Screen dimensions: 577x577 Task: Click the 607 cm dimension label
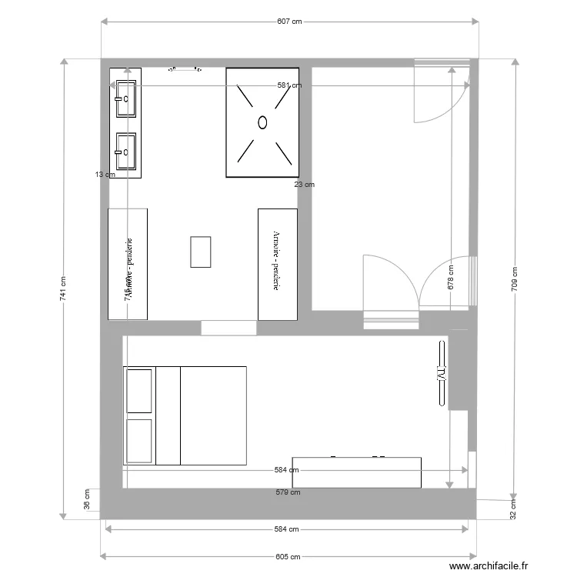click(288, 22)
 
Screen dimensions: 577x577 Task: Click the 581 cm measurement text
click(289, 86)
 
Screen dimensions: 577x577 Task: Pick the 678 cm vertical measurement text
click(450, 278)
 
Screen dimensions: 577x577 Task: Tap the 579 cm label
click(288, 492)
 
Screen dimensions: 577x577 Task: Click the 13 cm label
click(105, 175)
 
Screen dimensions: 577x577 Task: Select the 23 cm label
click(304, 185)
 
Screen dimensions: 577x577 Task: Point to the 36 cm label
click(87, 501)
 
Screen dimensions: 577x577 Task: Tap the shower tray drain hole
click(262, 122)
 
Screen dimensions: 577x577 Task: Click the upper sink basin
click(126, 98)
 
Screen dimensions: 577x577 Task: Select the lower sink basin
click(126, 152)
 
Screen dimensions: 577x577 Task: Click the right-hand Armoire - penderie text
click(275, 262)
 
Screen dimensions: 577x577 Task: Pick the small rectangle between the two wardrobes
click(200, 252)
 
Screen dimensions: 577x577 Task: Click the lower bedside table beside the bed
click(139, 441)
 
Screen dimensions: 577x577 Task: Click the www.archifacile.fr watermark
click(490, 565)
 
